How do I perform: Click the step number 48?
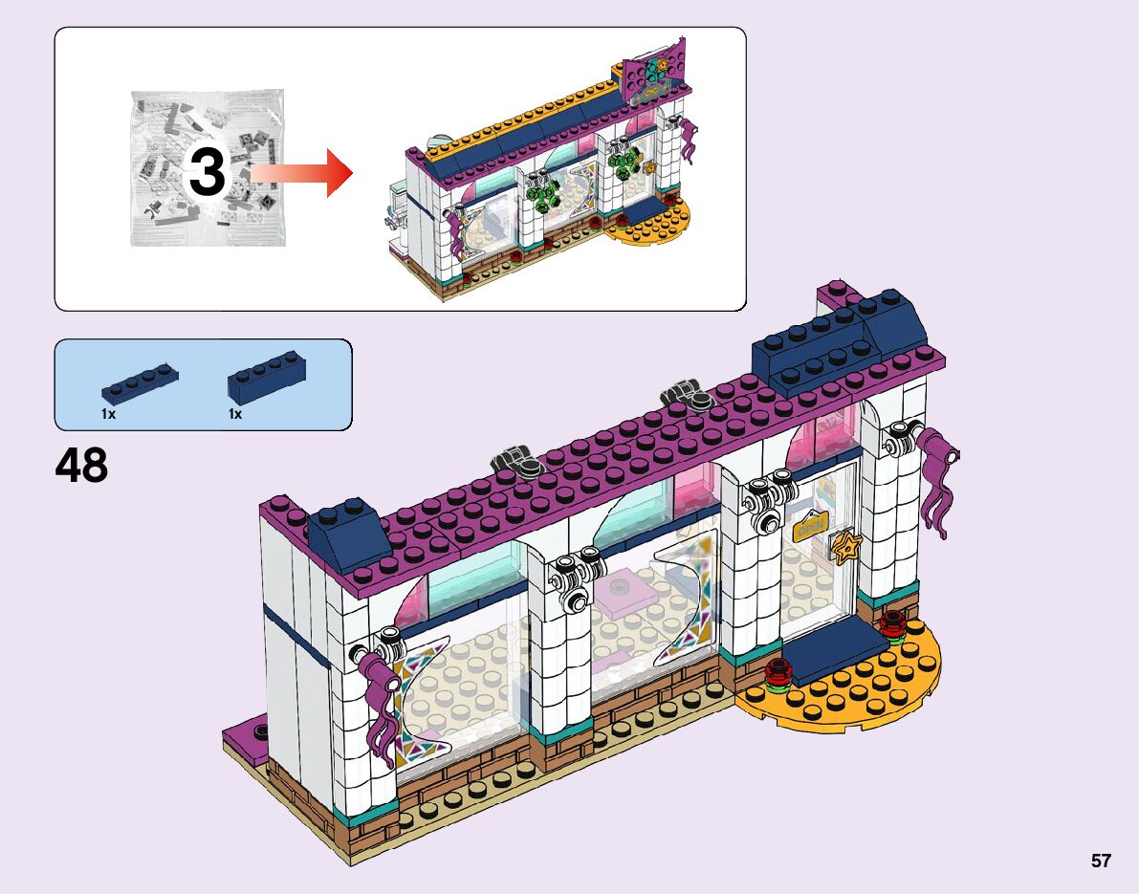point(82,466)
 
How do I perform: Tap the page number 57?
point(1101,861)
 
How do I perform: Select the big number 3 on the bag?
point(207,174)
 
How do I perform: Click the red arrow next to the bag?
point(301,172)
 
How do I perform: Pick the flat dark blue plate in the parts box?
point(139,382)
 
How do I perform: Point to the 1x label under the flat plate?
point(108,414)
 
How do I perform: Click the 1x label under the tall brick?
point(235,414)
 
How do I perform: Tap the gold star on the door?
point(845,547)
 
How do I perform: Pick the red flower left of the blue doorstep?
point(777,675)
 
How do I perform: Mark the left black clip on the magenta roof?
point(517,464)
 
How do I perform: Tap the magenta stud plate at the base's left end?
point(246,737)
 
